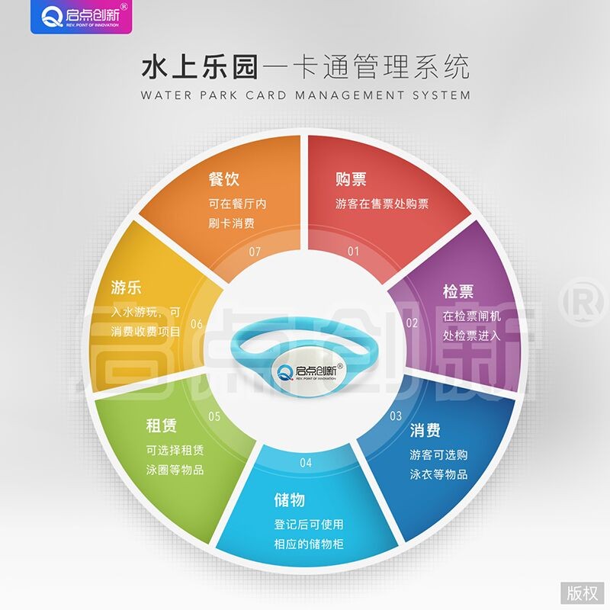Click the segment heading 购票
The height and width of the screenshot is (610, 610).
351,179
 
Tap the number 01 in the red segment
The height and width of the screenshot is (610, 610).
353,252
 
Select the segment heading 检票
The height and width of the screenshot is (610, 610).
458,291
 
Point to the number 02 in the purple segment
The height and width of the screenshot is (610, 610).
412,323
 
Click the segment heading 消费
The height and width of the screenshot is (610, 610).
425,430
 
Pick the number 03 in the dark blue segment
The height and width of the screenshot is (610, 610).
396,416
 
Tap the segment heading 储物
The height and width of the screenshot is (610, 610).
290,500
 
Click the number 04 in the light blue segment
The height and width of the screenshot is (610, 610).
306,463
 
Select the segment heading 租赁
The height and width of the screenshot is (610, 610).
162,425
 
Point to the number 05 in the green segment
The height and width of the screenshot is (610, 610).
214,416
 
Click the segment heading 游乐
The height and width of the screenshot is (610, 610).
126,288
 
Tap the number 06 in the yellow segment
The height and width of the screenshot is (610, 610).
197,323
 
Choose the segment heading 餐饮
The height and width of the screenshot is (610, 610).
224,179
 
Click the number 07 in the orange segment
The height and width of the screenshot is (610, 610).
255,252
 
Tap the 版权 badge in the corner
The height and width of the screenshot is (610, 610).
582,593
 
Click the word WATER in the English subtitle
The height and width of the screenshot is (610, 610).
166,95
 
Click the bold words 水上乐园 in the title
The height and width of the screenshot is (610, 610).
200,67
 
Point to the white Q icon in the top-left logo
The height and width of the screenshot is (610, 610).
52,18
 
